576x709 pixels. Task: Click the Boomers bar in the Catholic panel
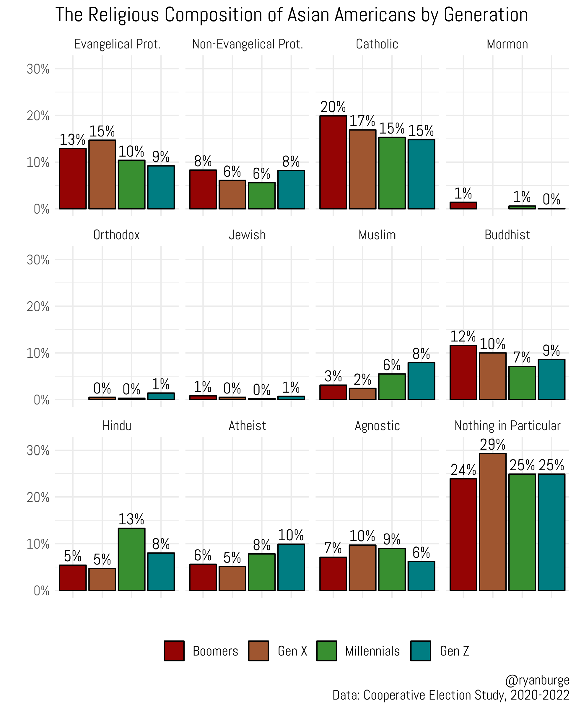pos(333,162)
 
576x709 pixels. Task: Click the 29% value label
pos(492,445)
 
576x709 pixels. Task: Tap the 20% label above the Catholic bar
pos(333,107)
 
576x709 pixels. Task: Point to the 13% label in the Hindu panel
pos(131,519)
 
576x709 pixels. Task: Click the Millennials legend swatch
pos(326,651)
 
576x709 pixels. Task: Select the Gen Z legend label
pos(454,651)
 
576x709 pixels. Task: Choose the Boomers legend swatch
pos(174,651)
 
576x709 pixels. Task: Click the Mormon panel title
pos(507,44)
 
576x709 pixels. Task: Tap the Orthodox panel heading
pos(116,235)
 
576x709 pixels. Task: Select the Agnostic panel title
pos(377,426)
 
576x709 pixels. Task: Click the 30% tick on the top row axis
pos(38,69)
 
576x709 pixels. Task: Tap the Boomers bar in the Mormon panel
pos(463,206)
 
